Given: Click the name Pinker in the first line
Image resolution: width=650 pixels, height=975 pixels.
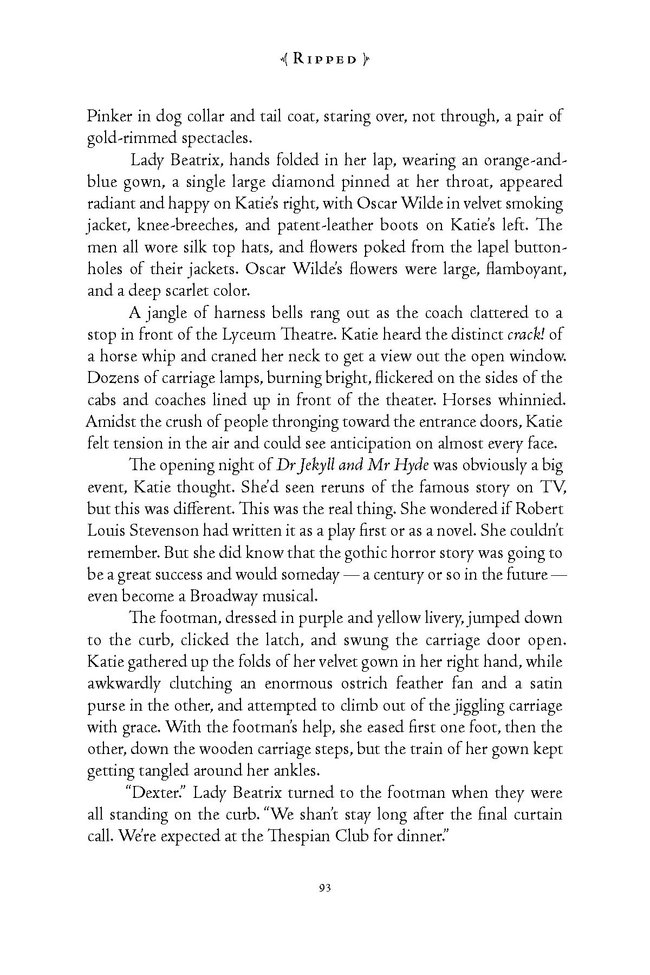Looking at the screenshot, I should pyautogui.click(x=108, y=117).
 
